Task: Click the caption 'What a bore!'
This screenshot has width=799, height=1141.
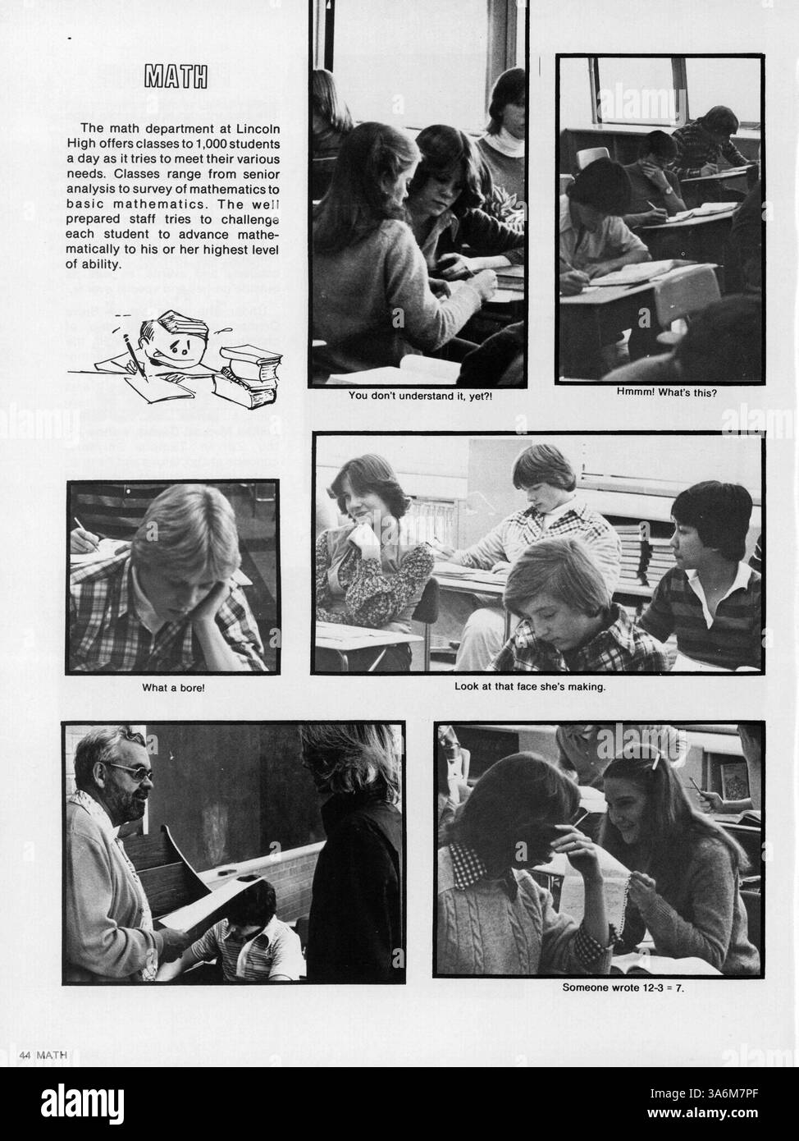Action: pyautogui.click(x=173, y=687)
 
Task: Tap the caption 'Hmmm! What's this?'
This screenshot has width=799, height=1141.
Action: pyautogui.click(x=666, y=392)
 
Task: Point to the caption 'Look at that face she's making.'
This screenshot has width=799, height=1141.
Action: pyautogui.click(x=530, y=685)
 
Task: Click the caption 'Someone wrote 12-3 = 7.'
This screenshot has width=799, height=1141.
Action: pyautogui.click(x=623, y=987)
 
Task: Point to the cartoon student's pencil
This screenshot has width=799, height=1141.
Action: pyautogui.click(x=134, y=355)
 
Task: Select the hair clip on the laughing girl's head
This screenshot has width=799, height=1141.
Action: pyautogui.click(x=656, y=759)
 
